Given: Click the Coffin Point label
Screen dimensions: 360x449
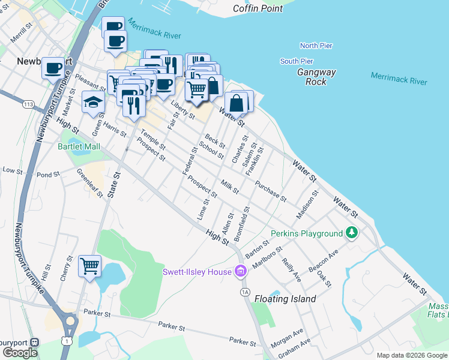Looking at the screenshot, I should click(x=258, y=8).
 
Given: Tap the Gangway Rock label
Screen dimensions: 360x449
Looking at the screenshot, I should click(x=316, y=77).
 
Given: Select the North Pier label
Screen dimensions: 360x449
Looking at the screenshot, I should click(x=316, y=46).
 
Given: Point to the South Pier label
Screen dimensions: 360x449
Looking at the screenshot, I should click(x=297, y=61).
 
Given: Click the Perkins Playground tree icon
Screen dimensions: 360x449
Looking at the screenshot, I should click(x=352, y=233).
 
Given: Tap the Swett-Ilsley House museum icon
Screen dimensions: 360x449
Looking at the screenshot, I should click(x=241, y=272).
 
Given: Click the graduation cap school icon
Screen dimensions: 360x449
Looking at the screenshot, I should click(x=93, y=103).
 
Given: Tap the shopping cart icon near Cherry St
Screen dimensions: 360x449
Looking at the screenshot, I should click(x=89, y=265).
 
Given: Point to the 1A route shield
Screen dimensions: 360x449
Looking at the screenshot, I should click(x=244, y=292).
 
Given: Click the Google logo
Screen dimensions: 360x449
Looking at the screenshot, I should click(x=20, y=353).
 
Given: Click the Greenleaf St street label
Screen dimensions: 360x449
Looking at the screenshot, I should click(x=89, y=182).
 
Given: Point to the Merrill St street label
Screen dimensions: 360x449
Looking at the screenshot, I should click(x=20, y=36).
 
